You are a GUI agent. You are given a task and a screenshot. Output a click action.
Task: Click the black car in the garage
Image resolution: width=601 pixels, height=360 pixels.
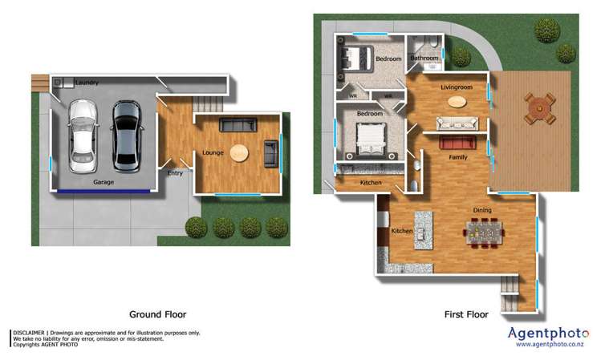pyautogui.click(x=126, y=134)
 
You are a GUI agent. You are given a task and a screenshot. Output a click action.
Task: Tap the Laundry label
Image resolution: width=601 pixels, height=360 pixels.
pyautogui.click(x=87, y=83)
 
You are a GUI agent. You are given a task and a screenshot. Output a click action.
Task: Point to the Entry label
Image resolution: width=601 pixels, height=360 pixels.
pyautogui.click(x=175, y=173)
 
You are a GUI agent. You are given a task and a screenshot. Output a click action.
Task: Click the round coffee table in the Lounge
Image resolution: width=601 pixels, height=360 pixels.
pyautogui.click(x=239, y=152)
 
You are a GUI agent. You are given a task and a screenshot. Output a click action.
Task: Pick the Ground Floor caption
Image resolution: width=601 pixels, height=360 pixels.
pyautogui.click(x=157, y=314)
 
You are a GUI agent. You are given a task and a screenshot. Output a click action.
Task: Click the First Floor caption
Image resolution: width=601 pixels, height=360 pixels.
pyautogui.click(x=466, y=315)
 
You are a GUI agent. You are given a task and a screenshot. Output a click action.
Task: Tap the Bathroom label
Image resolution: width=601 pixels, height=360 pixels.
pyautogui.click(x=424, y=58)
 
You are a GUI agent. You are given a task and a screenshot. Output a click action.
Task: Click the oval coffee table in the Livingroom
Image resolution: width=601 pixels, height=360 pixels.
pyautogui.click(x=456, y=102)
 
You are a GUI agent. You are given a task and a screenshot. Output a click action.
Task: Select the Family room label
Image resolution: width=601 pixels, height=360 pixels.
pyautogui.click(x=457, y=157)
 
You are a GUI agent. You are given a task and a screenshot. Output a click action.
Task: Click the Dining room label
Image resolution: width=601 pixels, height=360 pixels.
pyautogui.click(x=482, y=210)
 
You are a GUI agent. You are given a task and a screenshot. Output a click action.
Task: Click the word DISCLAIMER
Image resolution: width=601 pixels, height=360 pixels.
pyautogui.click(x=28, y=332)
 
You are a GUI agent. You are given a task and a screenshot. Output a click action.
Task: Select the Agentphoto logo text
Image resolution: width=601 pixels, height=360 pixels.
pyautogui.click(x=549, y=333)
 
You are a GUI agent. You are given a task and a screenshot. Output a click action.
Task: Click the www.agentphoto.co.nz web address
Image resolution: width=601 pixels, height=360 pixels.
pyautogui.click(x=550, y=345)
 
